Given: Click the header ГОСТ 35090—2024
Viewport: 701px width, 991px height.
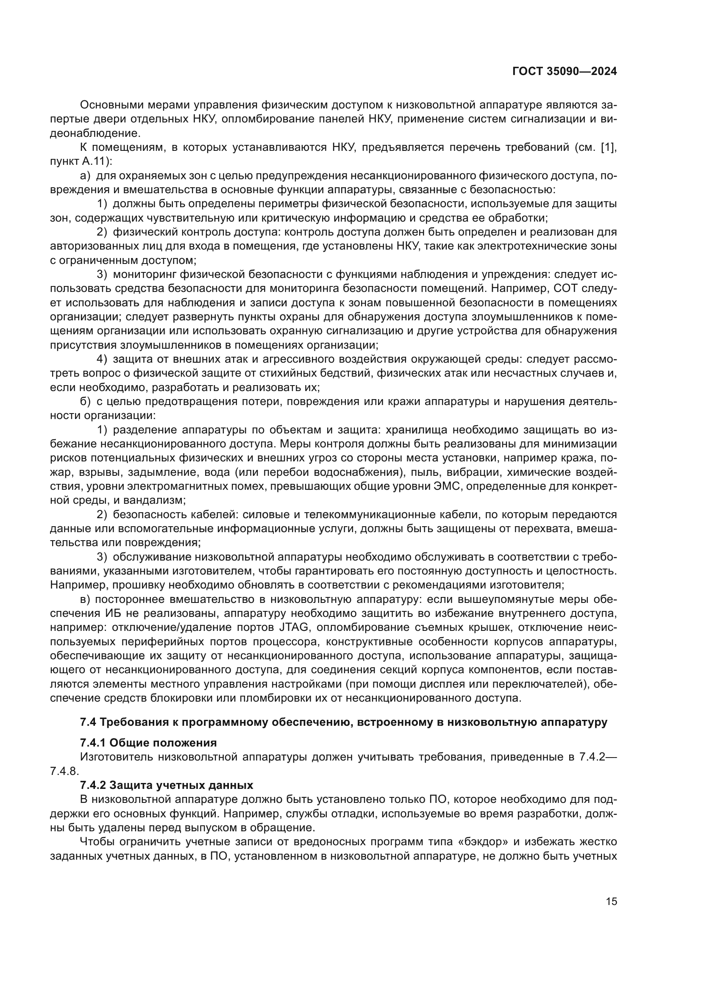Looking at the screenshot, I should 564,72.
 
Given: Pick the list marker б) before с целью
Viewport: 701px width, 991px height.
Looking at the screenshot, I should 85,401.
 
